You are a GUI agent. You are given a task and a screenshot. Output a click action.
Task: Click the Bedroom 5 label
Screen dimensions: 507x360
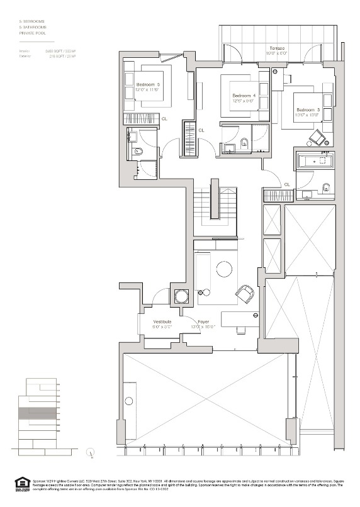148,84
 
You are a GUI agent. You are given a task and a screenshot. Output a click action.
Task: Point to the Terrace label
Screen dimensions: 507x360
278,48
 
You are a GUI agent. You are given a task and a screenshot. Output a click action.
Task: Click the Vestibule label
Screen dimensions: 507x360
162,321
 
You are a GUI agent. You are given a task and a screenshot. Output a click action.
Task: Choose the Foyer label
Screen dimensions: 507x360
203,321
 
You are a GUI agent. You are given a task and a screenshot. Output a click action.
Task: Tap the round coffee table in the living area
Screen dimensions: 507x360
224,270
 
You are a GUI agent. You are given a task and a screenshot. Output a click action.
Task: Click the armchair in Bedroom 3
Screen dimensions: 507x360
318,137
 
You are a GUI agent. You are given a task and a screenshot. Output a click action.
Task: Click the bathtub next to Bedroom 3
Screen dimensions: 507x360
314,161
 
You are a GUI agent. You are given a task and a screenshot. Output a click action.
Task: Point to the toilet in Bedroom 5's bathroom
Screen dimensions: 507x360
139,152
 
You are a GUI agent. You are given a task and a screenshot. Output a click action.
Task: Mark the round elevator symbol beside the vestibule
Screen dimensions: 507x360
181,297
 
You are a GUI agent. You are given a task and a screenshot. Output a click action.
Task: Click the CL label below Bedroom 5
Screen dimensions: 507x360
164,118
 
